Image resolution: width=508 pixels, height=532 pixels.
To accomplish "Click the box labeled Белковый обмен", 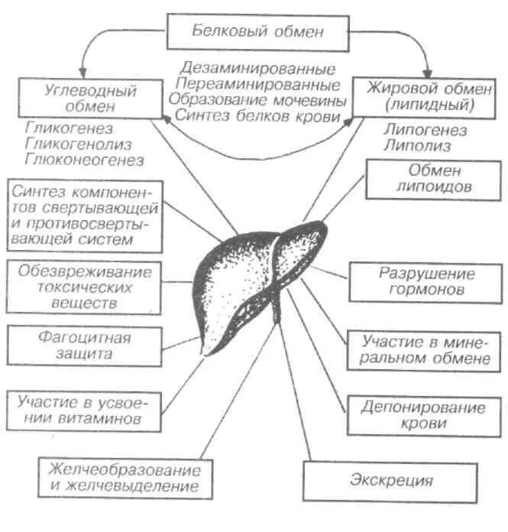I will (258, 32).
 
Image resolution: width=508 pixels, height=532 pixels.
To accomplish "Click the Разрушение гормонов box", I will (427, 281).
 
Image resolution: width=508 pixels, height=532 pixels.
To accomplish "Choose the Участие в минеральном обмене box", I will (426, 349).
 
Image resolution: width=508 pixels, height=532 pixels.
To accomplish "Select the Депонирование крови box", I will (428, 415).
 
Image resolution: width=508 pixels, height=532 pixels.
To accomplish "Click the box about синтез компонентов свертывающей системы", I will (85, 214).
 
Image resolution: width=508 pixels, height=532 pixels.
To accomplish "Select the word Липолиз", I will (409, 144).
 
